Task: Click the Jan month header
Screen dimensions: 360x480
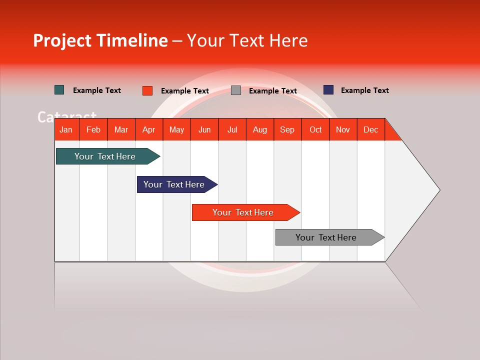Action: [66, 129]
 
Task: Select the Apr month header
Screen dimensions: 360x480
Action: [148, 129]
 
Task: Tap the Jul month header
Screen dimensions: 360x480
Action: [232, 129]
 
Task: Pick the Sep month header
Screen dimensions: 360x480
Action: [287, 129]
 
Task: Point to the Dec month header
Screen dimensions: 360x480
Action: [370, 129]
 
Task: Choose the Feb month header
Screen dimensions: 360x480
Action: [93, 129]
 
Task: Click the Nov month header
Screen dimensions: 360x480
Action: [342, 129]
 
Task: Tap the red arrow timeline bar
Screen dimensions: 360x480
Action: [243, 212]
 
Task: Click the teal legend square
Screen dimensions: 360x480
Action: [59, 90]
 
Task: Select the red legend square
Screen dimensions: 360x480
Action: [147, 90]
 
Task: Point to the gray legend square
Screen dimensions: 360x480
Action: [236, 90]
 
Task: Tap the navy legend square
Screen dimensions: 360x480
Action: [328, 90]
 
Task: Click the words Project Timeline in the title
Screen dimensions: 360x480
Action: [100, 40]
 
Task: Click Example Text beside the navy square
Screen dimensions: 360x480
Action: [364, 90]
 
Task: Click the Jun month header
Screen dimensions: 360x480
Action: [204, 129]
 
